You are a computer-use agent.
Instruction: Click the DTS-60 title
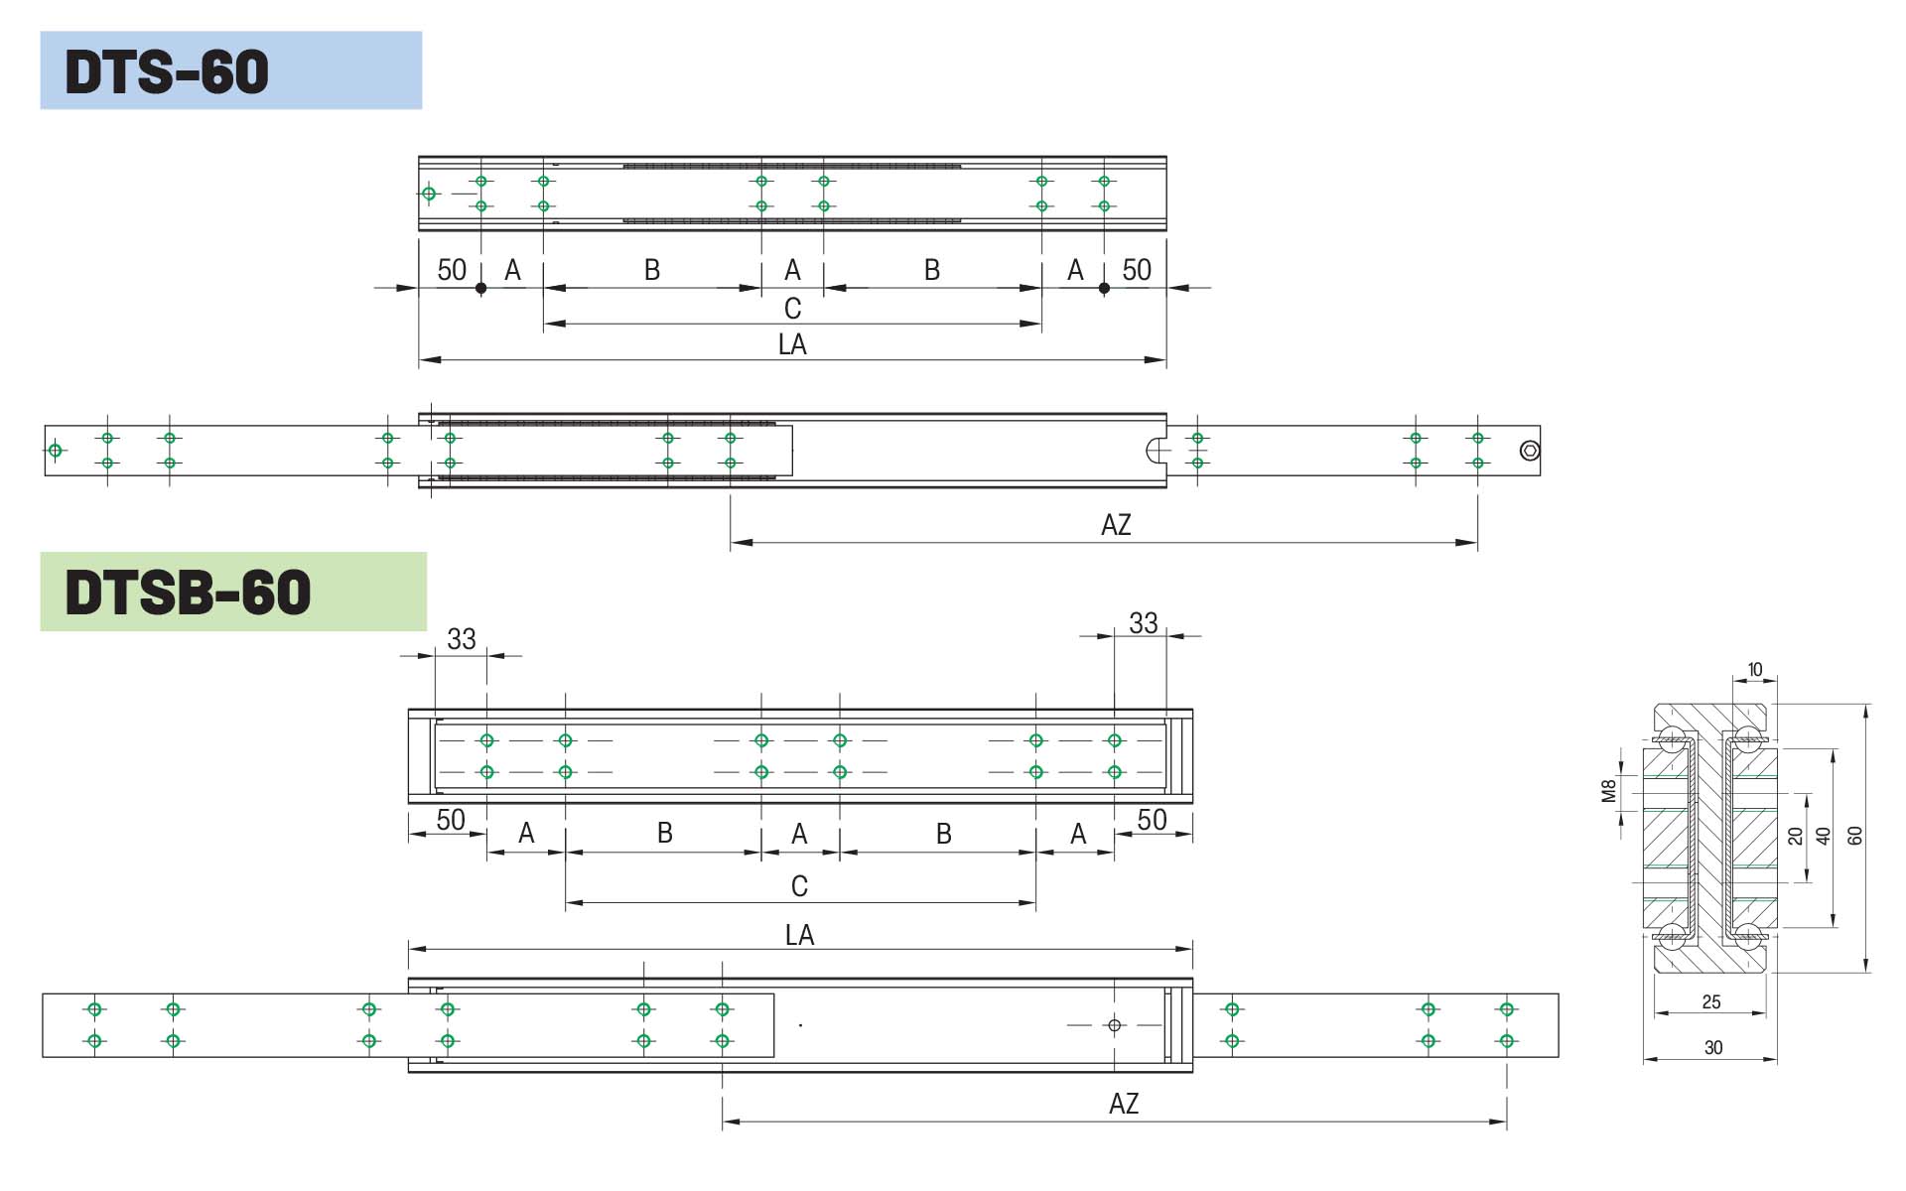coord(167,71)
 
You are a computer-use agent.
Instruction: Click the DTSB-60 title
coord(188,593)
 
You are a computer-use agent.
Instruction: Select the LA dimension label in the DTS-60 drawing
coord(792,344)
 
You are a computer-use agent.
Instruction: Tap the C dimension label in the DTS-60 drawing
coord(792,309)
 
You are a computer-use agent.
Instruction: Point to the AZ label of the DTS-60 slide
coord(1116,525)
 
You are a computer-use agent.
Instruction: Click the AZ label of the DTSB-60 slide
coord(1124,1104)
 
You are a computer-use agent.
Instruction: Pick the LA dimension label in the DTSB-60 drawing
coord(799,935)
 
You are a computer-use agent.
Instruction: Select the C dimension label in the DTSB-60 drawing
coord(799,886)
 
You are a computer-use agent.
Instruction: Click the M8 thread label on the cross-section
coord(1609,790)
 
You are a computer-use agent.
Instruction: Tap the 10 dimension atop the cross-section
coord(1755,670)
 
